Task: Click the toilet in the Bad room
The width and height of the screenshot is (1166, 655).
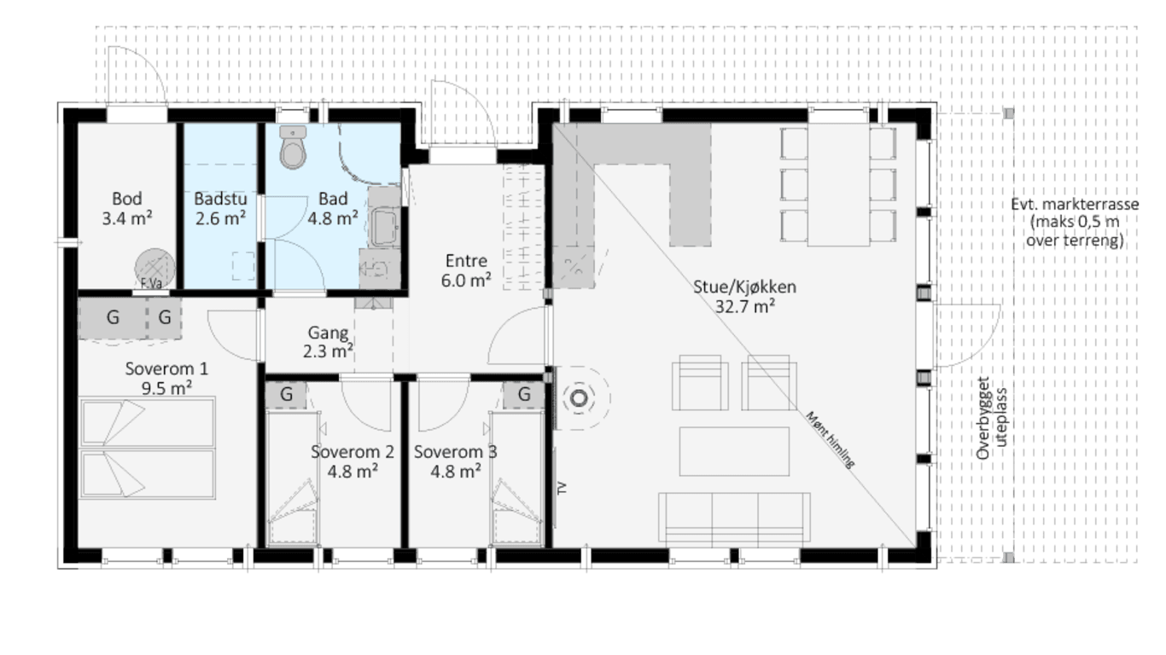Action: pyautogui.click(x=293, y=148)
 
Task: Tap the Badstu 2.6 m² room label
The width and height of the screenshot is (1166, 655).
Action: pyautogui.click(x=220, y=208)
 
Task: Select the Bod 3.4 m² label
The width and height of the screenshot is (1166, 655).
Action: pyautogui.click(x=127, y=208)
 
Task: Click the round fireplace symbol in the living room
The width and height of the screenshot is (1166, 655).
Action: pyautogui.click(x=579, y=398)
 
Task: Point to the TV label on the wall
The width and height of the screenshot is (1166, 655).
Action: pyautogui.click(x=562, y=488)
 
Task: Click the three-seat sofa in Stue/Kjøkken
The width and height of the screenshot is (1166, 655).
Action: pyautogui.click(x=734, y=518)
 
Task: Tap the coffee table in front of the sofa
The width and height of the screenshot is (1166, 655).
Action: pyautogui.click(x=734, y=451)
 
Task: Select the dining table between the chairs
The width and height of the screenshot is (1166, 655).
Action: pyautogui.click(x=838, y=185)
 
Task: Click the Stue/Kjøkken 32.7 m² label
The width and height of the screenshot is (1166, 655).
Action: pyautogui.click(x=745, y=297)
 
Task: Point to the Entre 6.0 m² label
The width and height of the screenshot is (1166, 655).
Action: pyautogui.click(x=466, y=270)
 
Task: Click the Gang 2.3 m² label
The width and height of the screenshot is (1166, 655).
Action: pyautogui.click(x=328, y=342)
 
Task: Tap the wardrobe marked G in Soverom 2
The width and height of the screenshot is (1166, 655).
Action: pyautogui.click(x=286, y=395)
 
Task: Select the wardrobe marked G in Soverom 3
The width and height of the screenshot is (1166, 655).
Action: pyautogui.click(x=523, y=395)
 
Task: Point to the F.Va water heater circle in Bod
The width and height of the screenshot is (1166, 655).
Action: pyautogui.click(x=154, y=269)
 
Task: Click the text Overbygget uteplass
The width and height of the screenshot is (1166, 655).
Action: pyautogui.click(x=992, y=418)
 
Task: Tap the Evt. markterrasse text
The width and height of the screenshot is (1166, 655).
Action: pyautogui.click(x=1075, y=204)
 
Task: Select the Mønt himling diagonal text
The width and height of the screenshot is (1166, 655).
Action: pyautogui.click(x=831, y=439)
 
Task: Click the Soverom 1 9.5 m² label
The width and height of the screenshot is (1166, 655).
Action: pyautogui.click(x=166, y=378)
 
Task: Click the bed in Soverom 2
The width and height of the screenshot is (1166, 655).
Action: pyautogui.click(x=293, y=478)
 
